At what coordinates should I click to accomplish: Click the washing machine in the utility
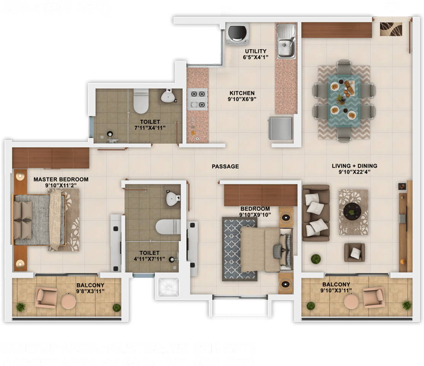(x=237, y=33)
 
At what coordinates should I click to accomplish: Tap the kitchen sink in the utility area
(x=286, y=42)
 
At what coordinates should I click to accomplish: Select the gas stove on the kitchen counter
(x=197, y=99)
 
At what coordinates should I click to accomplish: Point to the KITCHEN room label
(x=242, y=93)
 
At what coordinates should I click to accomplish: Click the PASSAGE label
(x=225, y=166)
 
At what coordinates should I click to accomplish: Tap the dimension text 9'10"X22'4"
(x=354, y=172)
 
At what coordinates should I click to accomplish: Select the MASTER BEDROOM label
(x=61, y=179)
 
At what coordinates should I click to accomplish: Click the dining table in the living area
(x=344, y=100)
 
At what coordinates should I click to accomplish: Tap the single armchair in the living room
(x=354, y=252)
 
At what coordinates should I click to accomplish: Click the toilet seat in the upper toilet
(x=141, y=102)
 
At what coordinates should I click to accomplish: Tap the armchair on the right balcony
(x=373, y=297)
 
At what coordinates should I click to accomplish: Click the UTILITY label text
(x=255, y=51)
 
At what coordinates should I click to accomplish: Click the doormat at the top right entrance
(x=390, y=29)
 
